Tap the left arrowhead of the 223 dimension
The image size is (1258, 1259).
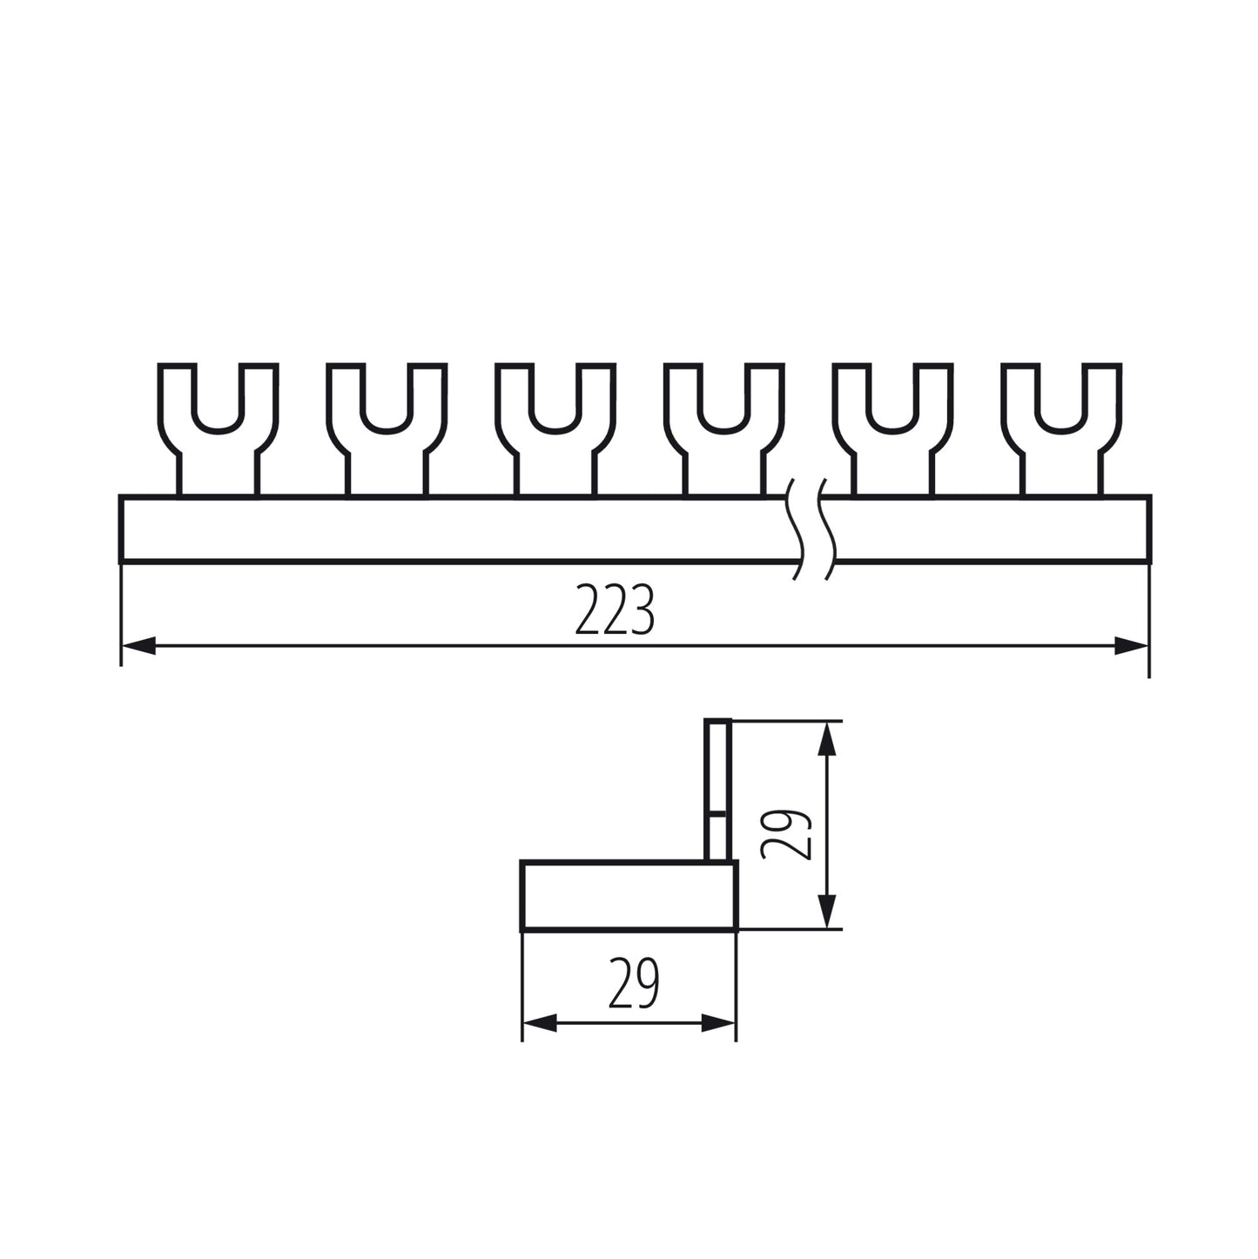click(138, 646)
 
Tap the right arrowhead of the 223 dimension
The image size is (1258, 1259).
click(1133, 646)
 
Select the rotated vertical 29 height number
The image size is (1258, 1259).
click(786, 834)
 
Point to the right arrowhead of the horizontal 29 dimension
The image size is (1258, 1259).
click(719, 1024)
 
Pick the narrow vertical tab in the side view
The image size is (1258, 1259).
click(717, 788)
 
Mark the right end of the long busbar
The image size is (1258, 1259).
click(1148, 529)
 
